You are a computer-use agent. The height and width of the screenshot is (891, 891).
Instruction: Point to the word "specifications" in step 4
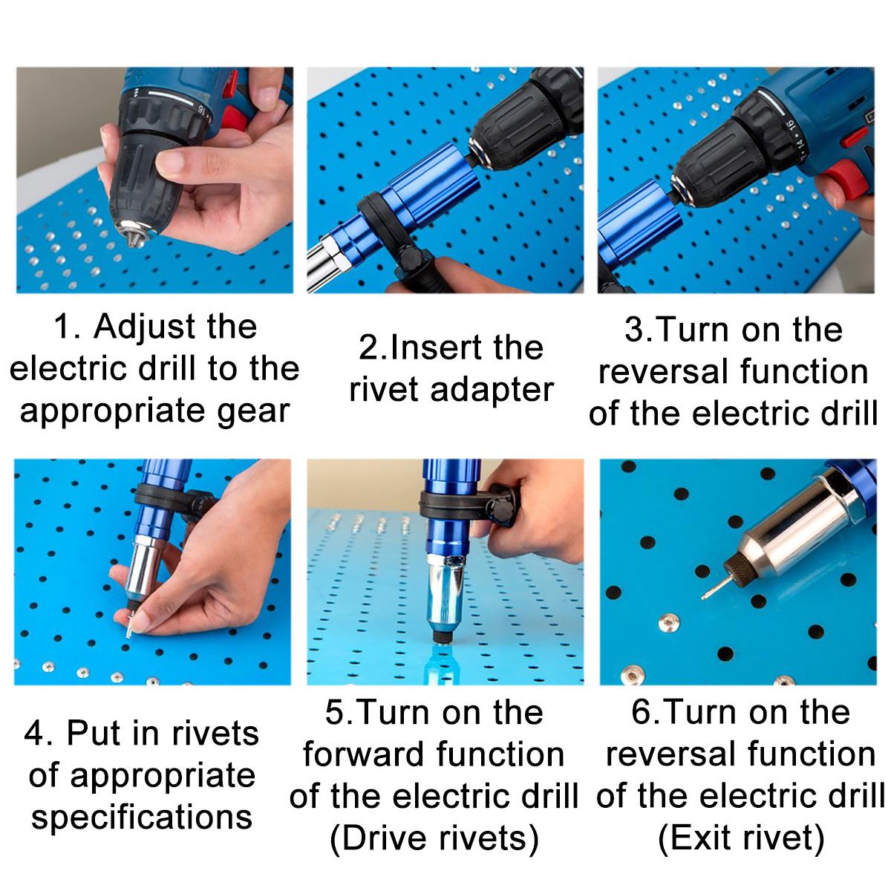[x=142, y=817]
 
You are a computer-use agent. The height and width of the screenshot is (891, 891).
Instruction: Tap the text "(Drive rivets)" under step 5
[x=434, y=839]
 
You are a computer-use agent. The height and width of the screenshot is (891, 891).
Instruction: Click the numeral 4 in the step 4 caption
[x=33, y=734]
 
